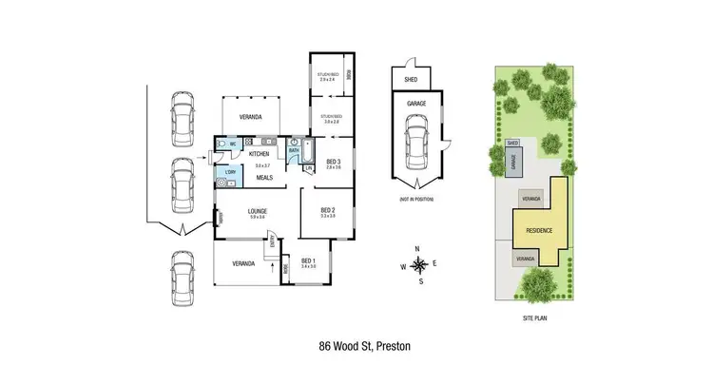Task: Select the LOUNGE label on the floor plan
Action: point(257,212)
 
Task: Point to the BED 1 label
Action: point(309,261)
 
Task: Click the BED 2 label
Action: point(327,211)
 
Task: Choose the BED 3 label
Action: point(333,162)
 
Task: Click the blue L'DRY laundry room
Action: point(229,172)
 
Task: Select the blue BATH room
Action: point(295,150)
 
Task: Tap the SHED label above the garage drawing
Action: point(411,80)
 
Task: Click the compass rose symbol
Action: point(417,264)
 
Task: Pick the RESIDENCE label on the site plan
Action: point(539,228)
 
